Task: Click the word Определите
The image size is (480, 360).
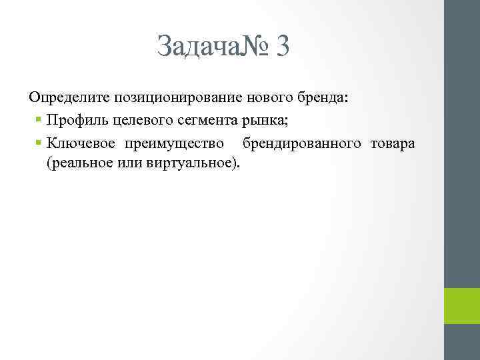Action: pos(69,97)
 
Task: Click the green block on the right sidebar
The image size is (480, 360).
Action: pos(462,306)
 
